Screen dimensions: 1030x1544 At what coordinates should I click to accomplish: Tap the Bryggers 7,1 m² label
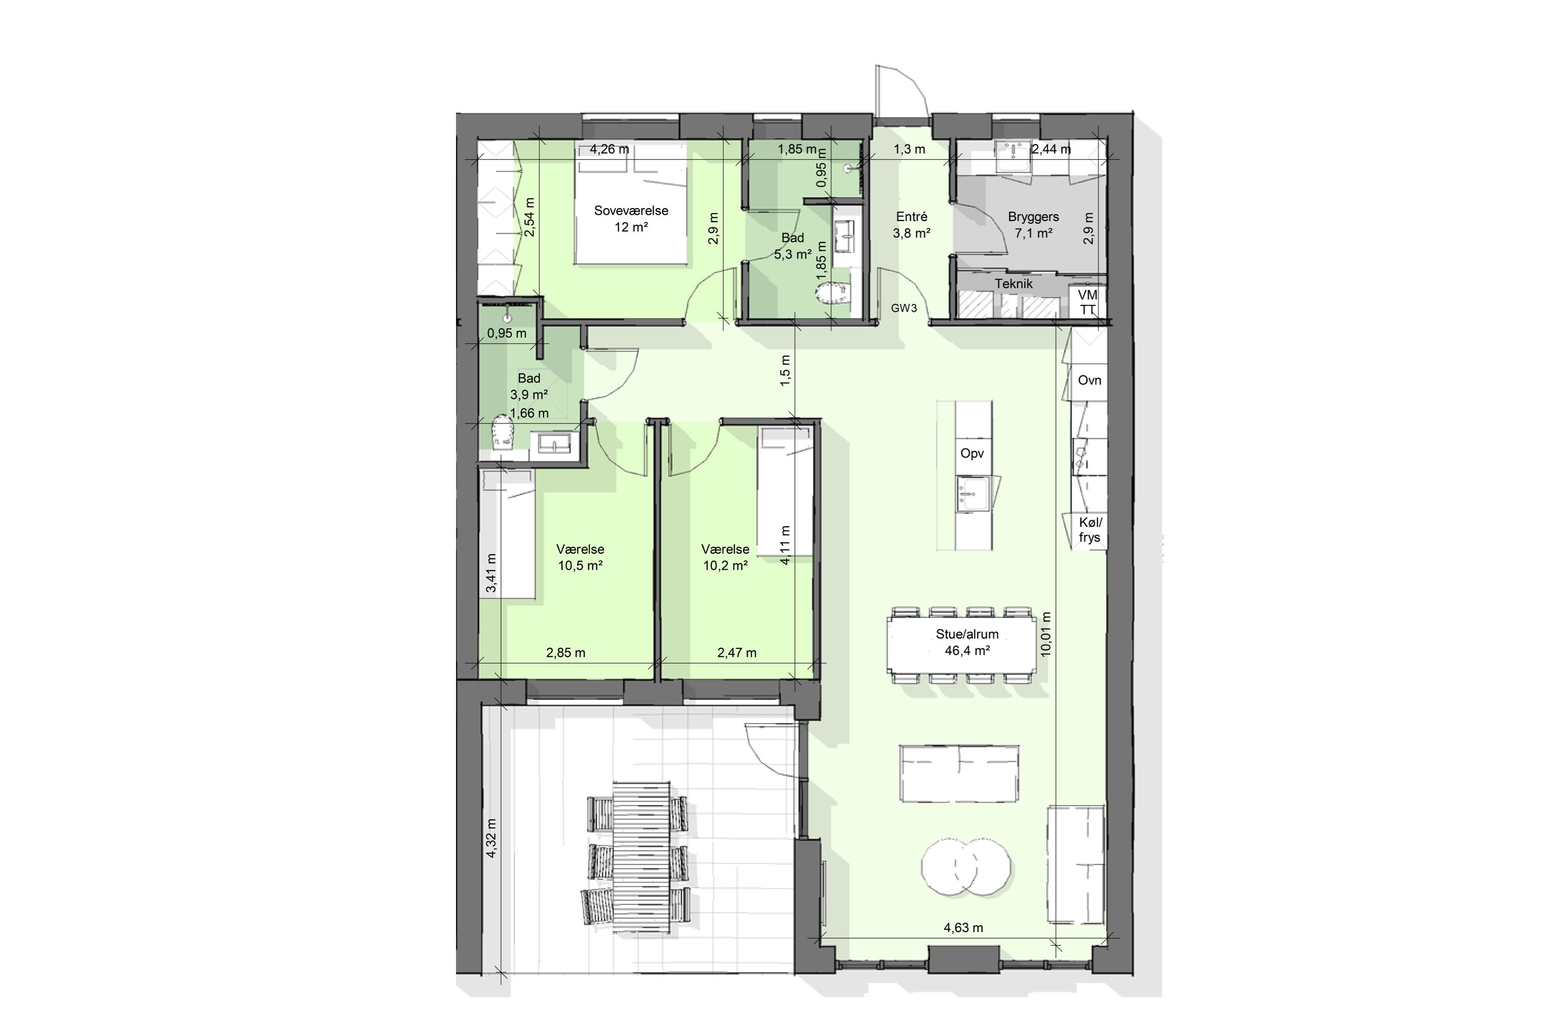pyautogui.click(x=1033, y=225)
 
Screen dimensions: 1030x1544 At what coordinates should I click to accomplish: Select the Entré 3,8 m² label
pyautogui.click(x=911, y=225)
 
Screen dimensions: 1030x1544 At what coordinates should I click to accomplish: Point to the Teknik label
pyautogui.click(x=1013, y=284)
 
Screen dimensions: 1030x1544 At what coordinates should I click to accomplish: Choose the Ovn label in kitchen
pyautogui.click(x=1089, y=381)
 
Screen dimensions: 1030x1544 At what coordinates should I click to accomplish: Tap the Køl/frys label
pyautogui.click(x=1090, y=530)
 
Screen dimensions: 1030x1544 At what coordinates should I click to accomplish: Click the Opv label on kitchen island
pyautogui.click(x=972, y=453)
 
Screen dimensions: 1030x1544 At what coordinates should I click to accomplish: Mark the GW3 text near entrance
pyautogui.click(x=903, y=308)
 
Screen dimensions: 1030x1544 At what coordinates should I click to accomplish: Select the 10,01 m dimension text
pyautogui.click(x=1046, y=634)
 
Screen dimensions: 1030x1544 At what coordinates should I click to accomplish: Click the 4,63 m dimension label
pyautogui.click(x=963, y=928)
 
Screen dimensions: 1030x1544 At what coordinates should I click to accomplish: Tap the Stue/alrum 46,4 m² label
pyautogui.click(x=967, y=642)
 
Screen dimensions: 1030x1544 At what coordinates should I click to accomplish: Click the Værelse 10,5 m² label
pyautogui.click(x=581, y=557)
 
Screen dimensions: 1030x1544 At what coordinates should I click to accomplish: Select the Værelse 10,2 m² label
pyautogui.click(x=725, y=557)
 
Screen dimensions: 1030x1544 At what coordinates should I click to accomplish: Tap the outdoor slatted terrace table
pyautogui.click(x=641, y=856)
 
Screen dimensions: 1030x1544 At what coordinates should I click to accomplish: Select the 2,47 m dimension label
pyautogui.click(x=736, y=653)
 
